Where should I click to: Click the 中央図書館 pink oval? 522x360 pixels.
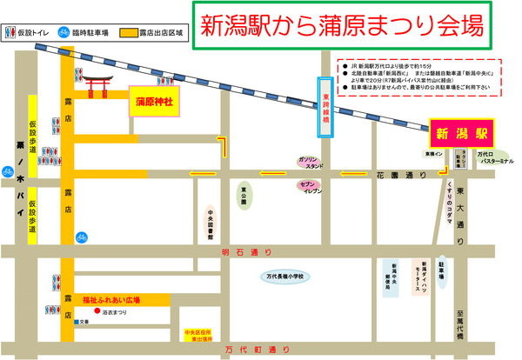pos(211,223)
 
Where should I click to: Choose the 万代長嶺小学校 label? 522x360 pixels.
pos(289,277)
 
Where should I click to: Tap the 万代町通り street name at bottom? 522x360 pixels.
pos(256,350)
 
